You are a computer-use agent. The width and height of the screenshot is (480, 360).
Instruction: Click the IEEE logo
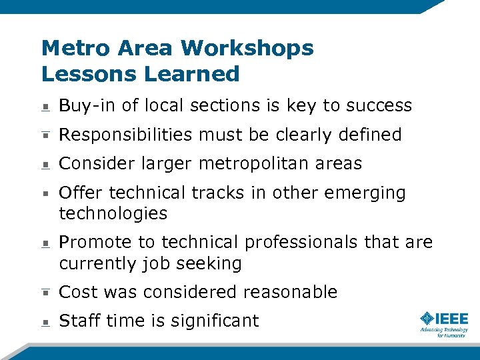click(443, 323)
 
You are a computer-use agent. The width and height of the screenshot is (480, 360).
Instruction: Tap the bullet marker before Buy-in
click(44, 107)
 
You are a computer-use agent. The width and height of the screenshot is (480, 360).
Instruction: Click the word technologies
click(113, 214)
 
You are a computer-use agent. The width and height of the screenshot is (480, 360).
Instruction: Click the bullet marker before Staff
click(44, 322)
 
